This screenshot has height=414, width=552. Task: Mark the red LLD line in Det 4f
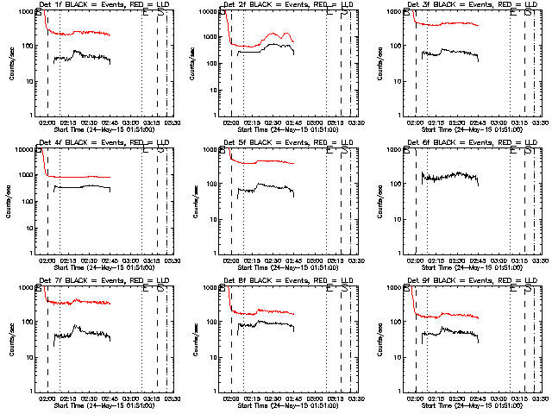tap(86, 177)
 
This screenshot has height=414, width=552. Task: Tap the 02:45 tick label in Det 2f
tap(293, 122)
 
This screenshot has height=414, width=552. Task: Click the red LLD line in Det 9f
tap(448, 316)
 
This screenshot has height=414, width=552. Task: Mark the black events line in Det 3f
tap(448, 53)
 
